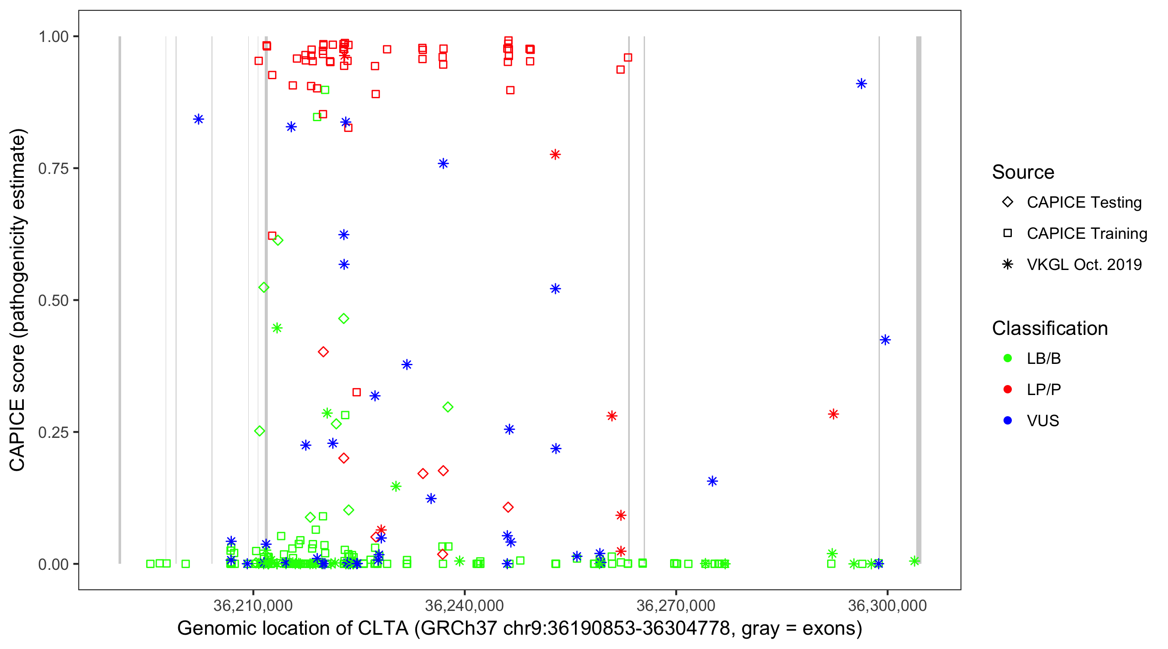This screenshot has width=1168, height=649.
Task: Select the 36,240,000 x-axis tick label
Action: coord(464,605)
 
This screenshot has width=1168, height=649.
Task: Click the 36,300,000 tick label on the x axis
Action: coord(887,605)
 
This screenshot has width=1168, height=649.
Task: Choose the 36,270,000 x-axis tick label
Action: coord(676,605)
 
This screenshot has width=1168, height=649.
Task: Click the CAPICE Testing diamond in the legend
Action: coord(1008,202)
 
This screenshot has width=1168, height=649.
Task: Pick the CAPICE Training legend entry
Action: coord(1086,234)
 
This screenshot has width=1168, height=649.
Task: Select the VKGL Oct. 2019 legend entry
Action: coord(1084,264)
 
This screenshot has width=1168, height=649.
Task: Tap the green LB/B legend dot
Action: coord(1008,358)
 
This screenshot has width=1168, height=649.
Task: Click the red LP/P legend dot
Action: coord(1008,389)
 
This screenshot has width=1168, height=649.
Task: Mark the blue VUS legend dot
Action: coord(1008,421)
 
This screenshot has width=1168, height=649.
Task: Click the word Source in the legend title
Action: coord(1023,172)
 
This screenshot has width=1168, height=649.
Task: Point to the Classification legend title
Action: coord(1049,328)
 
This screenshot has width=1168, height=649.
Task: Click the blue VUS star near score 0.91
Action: coord(861,84)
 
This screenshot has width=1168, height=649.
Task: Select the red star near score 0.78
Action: coord(555,154)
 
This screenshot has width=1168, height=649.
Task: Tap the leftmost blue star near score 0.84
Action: coord(199,119)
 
